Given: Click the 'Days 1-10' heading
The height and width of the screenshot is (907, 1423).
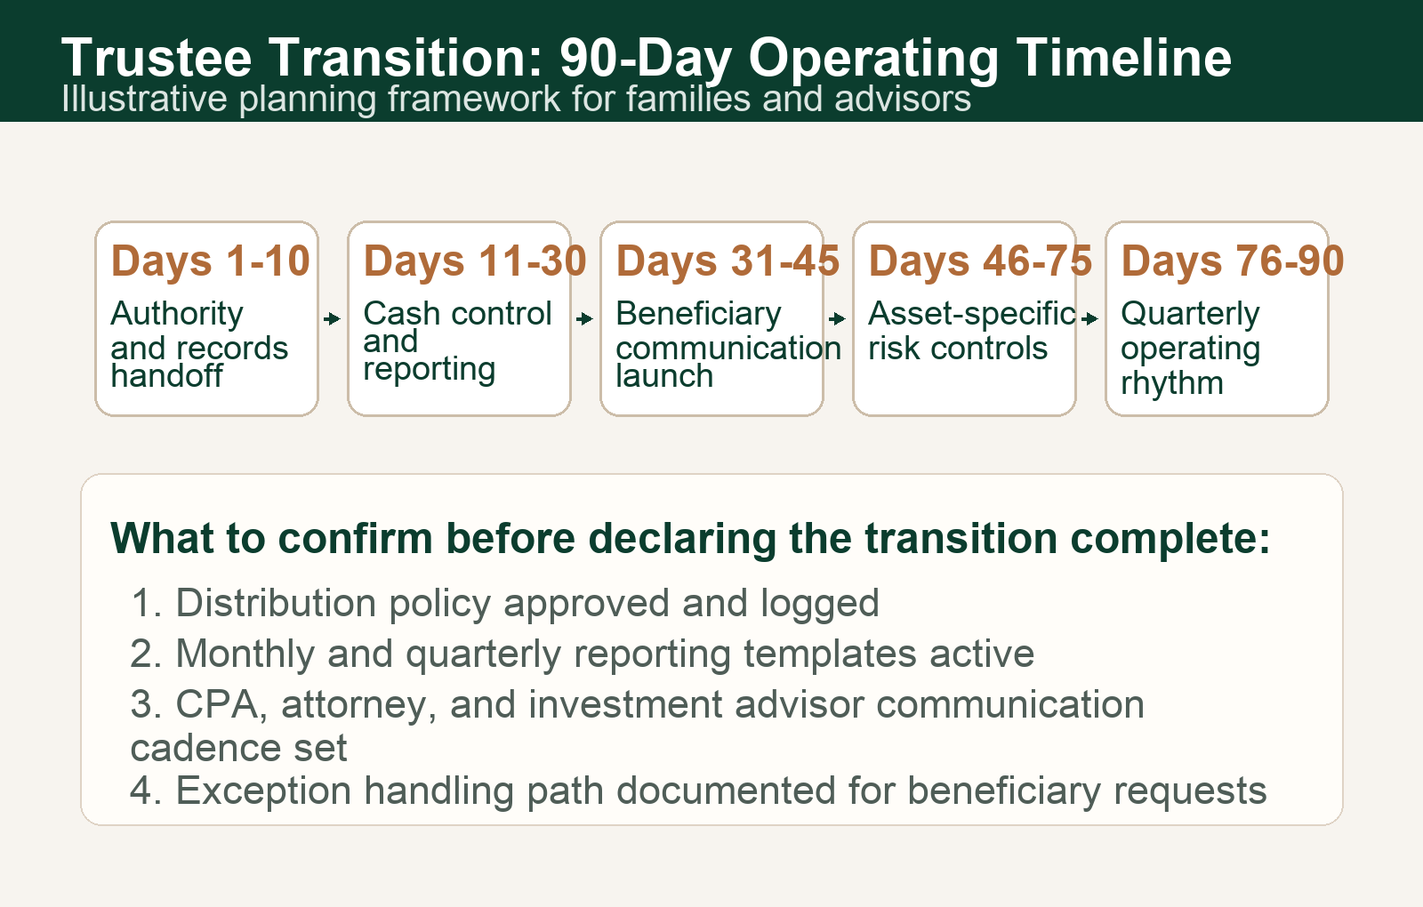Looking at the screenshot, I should click(x=210, y=261).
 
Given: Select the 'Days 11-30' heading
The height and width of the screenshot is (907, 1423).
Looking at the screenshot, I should click(x=474, y=261).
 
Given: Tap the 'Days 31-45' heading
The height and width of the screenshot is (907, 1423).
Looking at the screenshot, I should click(x=728, y=261).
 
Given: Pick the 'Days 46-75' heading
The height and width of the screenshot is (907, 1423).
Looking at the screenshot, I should click(x=980, y=261).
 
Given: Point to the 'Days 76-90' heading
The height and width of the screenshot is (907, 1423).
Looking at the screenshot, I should click(x=1232, y=261).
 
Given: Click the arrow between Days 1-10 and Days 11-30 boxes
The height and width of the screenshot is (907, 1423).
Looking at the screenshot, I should click(x=333, y=318).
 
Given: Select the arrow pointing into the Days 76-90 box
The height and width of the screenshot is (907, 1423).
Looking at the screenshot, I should click(x=1090, y=318).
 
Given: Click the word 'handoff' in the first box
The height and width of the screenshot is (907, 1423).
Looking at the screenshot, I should click(x=166, y=376).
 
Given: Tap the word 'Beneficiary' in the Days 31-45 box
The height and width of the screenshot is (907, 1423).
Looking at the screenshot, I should click(x=698, y=314).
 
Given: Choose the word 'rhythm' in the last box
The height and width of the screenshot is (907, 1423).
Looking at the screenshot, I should click(x=1171, y=383).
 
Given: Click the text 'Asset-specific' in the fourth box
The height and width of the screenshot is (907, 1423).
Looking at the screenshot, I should click(x=971, y=314).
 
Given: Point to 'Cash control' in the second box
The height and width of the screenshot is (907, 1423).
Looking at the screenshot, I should click(x=457, y=314).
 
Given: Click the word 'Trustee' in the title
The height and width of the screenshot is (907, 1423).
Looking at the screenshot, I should click(x=157, y=58).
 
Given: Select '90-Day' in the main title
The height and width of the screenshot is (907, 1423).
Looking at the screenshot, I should click(x=646, y=58).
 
